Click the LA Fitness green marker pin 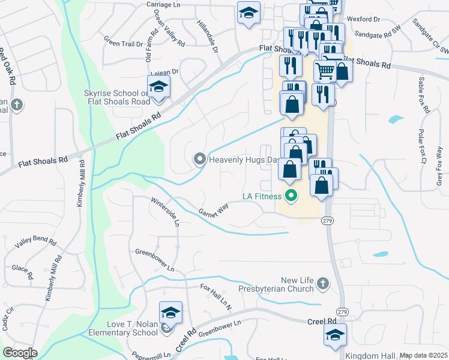click(292, 196)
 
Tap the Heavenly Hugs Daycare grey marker click(199, 159)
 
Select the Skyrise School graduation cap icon click(158, 87)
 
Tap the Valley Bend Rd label click(36, 244)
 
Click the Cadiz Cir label click(9, 314)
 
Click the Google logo click(20, 352)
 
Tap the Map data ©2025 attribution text click(423, 355)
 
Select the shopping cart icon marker click(325, 71)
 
